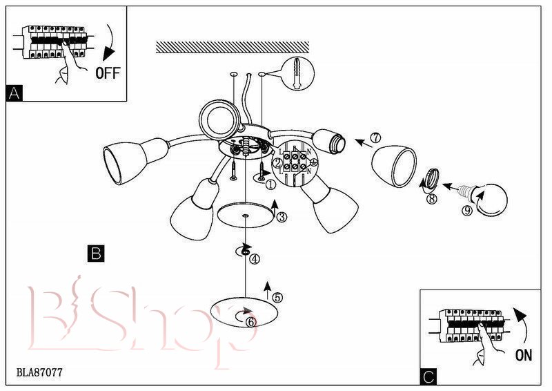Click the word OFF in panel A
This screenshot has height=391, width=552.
point(108,73)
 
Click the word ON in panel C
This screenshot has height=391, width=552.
point(524,354)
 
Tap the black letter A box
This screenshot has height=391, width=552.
point(14,93)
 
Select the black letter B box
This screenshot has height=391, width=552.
point(96,254)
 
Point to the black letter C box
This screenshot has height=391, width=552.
point(428,377)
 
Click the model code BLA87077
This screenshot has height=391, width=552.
point(39,372)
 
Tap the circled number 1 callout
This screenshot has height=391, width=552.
point(270,184)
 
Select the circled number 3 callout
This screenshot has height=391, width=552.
point(282,217)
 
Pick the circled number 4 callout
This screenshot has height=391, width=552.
point(255,259)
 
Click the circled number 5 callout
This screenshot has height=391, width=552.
point(277,298)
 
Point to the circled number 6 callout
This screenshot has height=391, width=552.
point(251,322)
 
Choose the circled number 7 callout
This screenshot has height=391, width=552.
point(376,137)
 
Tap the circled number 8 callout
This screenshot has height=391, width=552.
point(431,199)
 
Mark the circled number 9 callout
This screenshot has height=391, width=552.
point(467,211)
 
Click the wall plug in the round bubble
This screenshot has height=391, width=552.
point(297,73)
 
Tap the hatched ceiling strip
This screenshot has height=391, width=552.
point(233,47)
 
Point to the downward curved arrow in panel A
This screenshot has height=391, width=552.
point(111,43)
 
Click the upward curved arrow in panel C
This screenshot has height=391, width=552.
point(522,326)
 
